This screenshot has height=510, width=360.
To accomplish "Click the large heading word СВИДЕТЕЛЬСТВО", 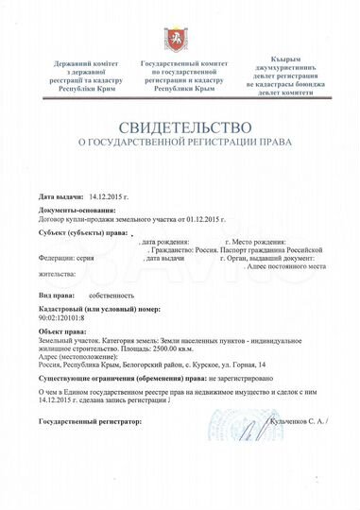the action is [180, 126].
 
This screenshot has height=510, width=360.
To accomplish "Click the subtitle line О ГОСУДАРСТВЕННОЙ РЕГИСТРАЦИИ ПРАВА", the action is [180, 144].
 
